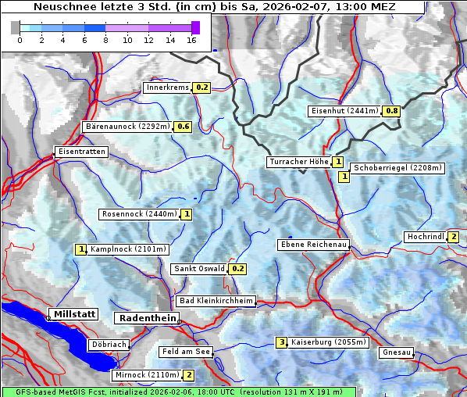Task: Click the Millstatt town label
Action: click(73, 314)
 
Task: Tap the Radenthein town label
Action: click(146, 318)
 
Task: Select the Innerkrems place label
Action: click(167, 88)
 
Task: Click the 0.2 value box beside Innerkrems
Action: click(202, 88)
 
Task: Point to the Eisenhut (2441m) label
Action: click(344, 111)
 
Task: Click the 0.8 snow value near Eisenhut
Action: click(391, 111)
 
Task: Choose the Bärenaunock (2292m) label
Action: click(127, 126)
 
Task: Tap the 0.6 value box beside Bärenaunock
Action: click(184, 126)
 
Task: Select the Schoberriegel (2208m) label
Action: click(397, 168)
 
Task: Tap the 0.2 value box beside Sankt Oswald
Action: click(238, 269)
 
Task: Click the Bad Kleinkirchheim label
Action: click(216, 301)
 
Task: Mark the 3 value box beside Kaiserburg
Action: click(281, 342)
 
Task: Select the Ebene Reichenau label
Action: click(313, 245)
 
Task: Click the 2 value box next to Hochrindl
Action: click(453, 237)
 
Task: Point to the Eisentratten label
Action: click(80, 152)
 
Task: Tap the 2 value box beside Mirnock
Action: click(189, 375)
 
